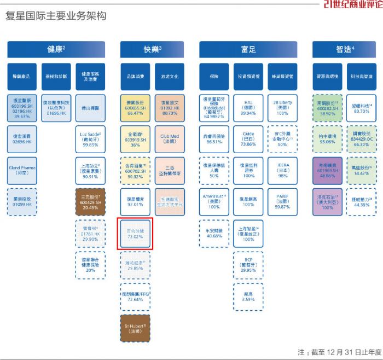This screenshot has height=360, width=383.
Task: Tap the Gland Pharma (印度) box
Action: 22,167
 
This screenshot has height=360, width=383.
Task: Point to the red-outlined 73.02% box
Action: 135,234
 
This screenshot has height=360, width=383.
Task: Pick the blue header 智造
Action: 345,49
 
